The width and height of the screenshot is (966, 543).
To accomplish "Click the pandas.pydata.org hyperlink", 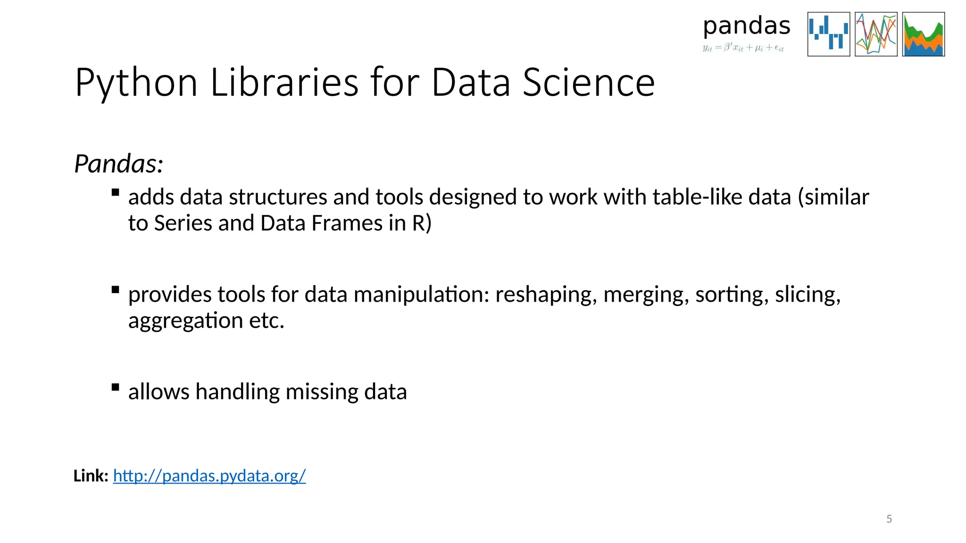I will coord(209,476).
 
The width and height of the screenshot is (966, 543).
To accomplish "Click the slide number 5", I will coord(889,519).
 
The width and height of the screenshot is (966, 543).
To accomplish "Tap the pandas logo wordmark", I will coord(746,27).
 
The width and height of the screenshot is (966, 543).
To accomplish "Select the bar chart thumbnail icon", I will coord(828,34).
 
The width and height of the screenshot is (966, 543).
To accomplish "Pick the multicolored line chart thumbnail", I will coord(876,34).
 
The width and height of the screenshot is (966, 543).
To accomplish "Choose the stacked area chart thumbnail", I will coord(923,34).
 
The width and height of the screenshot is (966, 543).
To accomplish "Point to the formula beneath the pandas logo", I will coord(743,48).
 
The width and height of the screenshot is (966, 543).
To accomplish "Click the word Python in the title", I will coord(136,83).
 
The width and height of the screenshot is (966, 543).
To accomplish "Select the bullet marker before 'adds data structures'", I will coord(115,192).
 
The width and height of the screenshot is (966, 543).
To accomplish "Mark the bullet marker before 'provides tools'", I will coord(115,289).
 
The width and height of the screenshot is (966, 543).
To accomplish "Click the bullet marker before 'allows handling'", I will coord(115,387).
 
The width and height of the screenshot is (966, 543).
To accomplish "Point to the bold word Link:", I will coord(91,476).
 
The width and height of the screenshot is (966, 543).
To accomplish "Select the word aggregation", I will coord(185,321).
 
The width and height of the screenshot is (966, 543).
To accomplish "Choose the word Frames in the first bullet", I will coord(347,223).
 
